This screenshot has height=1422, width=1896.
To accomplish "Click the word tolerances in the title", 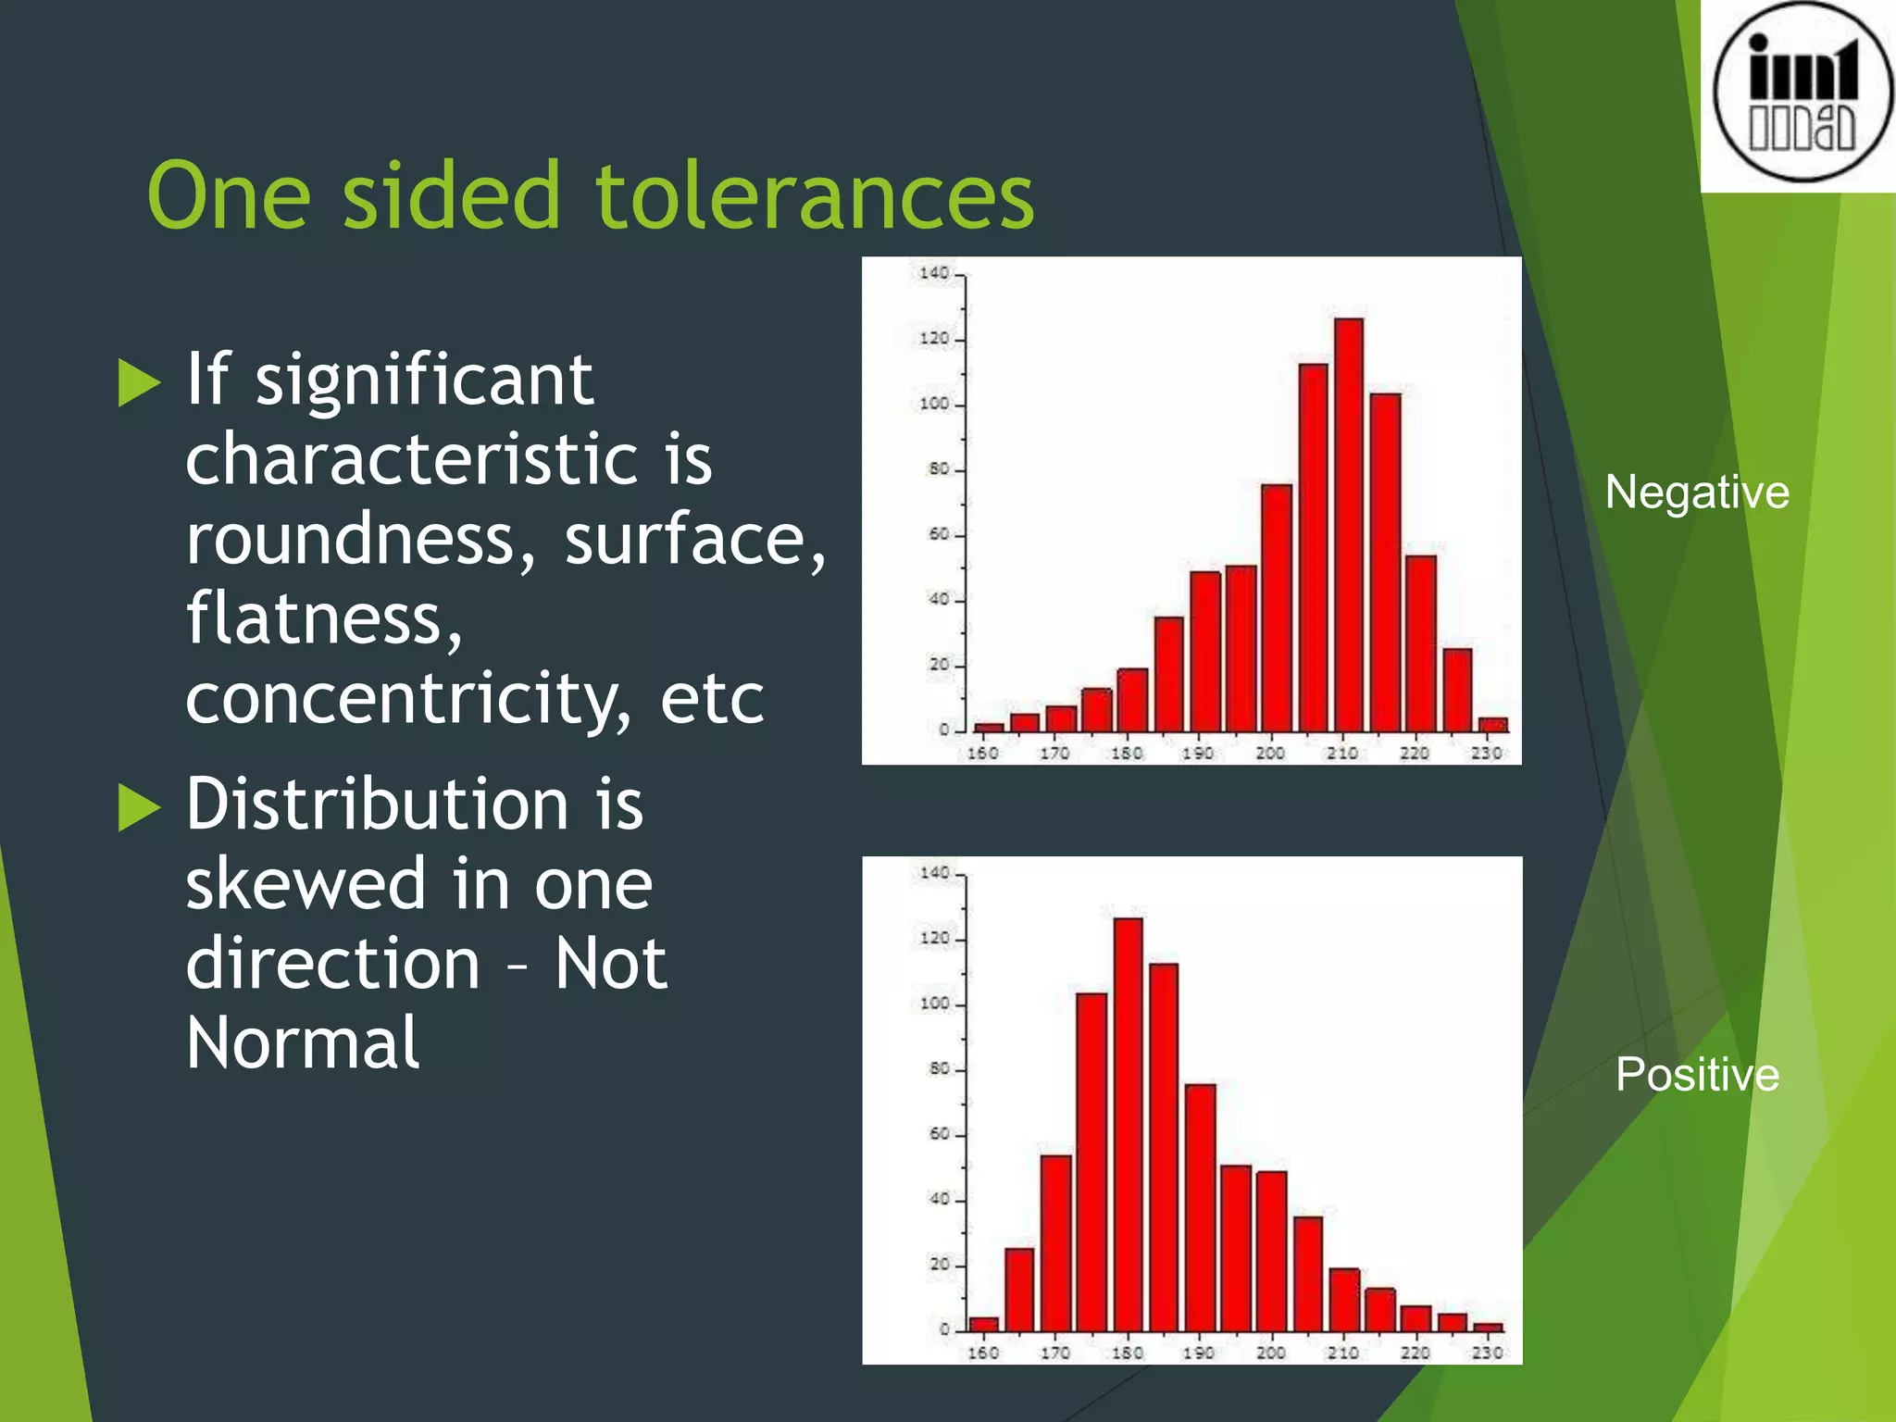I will (x=815, y=196).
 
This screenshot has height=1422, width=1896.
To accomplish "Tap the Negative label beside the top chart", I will (x=1696, y=492).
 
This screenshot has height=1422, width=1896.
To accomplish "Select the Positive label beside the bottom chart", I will (x=1696, y=1075).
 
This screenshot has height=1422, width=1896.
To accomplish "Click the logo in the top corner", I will (x=1800, y=93).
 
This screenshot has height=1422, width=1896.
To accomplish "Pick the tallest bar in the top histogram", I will (x=1348, y=524).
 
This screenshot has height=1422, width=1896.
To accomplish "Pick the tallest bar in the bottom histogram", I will (x=1128, y=1124).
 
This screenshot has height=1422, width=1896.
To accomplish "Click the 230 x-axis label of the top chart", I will (x=1487, y=754).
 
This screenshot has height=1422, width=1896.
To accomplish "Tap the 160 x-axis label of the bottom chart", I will (x=982, y=1353).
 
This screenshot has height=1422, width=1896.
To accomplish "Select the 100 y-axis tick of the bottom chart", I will (x=934, y=1004).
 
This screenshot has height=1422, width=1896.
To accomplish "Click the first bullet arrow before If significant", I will (x=140, y=382).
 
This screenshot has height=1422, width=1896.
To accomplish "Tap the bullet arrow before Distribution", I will (x=140, y=806).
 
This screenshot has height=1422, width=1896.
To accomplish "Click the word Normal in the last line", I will (x=303, y=1043).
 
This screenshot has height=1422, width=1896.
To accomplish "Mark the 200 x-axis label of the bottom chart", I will (x=1270, y=1353).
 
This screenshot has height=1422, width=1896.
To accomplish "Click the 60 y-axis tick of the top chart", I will (x=938, y=534).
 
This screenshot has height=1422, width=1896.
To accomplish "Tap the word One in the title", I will (x=228, y=196).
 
